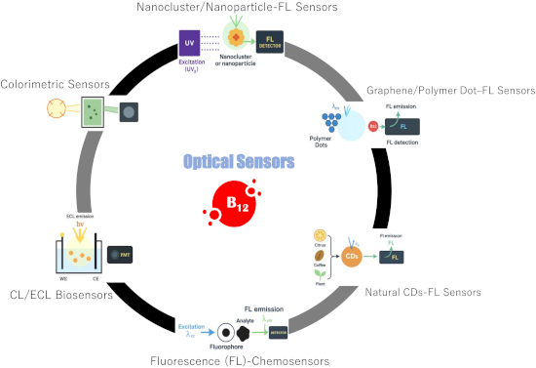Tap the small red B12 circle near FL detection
[372, 126]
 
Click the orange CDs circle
[355, 256]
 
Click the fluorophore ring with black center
[224, 331]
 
